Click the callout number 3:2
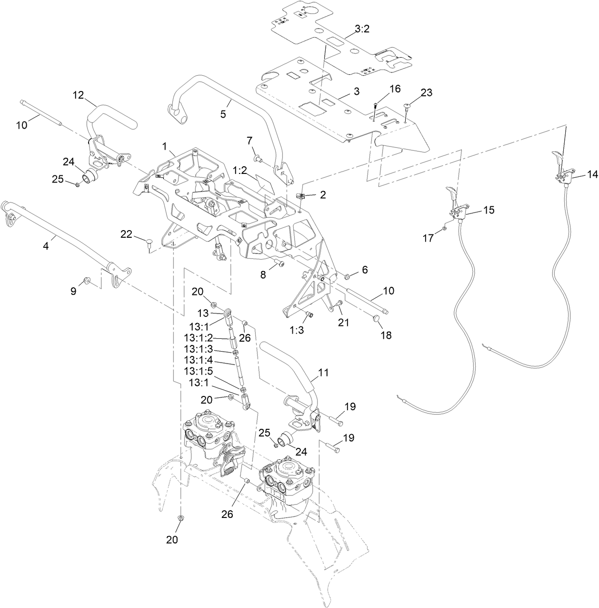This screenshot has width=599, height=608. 362,29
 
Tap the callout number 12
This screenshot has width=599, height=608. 79,95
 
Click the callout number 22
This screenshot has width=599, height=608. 126,234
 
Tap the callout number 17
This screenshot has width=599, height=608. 429,238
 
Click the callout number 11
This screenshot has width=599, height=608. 323,373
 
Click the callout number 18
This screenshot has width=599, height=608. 386,335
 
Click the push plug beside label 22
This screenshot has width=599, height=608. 149,244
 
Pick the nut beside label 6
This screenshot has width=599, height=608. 347,276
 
